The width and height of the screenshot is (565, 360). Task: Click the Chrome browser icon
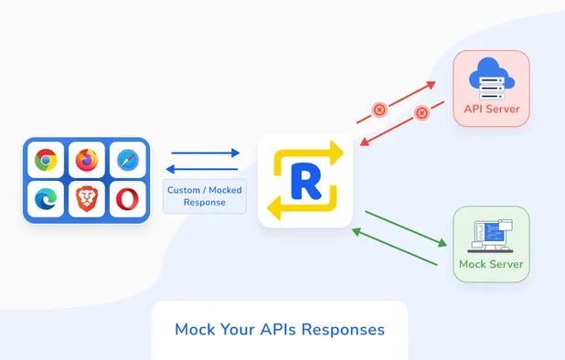(45, 161)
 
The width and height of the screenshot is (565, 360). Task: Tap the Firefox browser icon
(86, 161)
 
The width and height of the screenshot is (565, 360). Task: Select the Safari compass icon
(127, 161)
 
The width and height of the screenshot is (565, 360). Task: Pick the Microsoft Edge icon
(45, 199)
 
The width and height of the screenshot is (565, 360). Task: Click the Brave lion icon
(86, 199)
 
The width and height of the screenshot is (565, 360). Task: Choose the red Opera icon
(127, 199)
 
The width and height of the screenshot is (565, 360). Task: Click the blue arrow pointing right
(205, 154)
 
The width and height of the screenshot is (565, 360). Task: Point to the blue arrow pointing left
(202, 169)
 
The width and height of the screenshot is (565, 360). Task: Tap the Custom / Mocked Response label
(205, 196)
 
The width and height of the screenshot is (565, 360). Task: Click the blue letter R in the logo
(305, 179)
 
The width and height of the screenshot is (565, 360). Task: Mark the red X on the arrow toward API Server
(379, 110)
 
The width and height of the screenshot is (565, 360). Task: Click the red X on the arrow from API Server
(421, 114)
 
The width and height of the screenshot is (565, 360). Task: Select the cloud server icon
(491, 80)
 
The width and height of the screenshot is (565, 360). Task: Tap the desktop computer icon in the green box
(491, 235)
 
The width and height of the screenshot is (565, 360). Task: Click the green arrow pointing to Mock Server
(405, 228)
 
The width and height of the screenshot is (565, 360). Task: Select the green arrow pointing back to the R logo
(393, 246)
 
